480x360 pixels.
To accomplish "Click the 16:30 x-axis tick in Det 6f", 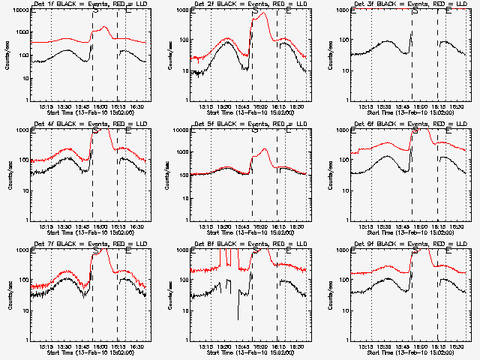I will click(455, 226).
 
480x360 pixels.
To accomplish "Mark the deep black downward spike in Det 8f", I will click(238, 319).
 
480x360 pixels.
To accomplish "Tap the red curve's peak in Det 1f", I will click(104, 27).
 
